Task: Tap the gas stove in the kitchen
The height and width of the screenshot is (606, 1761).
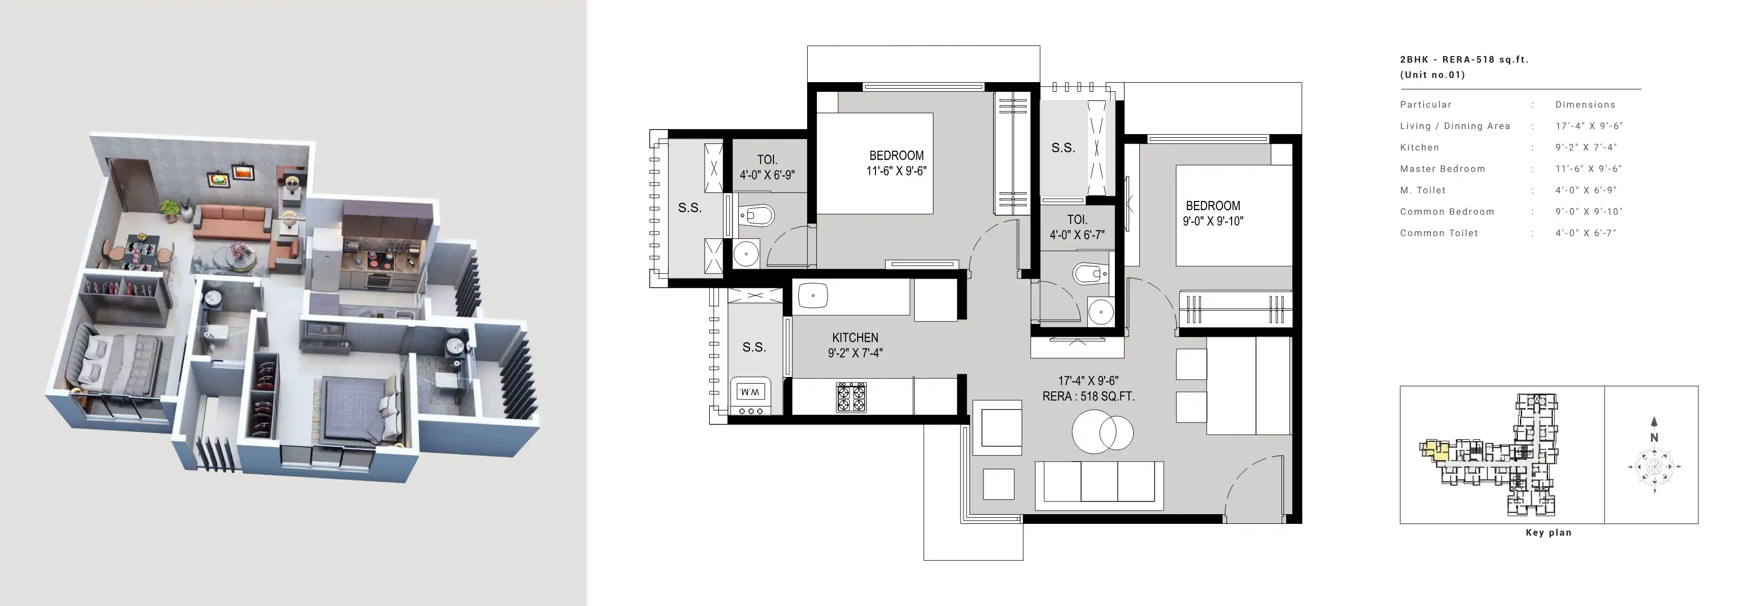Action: pyautogui.click(x=851, y=397)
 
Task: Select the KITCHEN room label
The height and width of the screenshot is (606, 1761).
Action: pyautogui.click(x=855, y=338)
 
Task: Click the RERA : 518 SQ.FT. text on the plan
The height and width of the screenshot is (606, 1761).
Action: pyautogui.click(x=1088, y=396)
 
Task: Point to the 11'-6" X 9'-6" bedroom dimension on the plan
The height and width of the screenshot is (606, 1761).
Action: pyautogui.click(x=896, y=171)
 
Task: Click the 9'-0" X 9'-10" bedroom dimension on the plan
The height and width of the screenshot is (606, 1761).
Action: pyautogui.click(x=1213, y=221)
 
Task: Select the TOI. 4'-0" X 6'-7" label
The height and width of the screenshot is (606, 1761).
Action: pyautogui.click(x=1077, y=227)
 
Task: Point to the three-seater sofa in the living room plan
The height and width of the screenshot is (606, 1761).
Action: pyautogui.click(x=1099, y=485)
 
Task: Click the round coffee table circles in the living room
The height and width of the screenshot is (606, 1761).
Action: pyautogui.click(x=1102, y=432)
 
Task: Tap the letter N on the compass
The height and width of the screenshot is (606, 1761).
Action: pyautogui.click(x=1655, y=437)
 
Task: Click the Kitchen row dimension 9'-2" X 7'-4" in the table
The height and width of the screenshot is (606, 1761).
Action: pyautogui.click(x=1586, y=147)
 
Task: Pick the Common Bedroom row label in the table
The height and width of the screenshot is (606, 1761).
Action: pyautogui.click(x=1447, y=211)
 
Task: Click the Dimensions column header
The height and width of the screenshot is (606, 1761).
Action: pyautogui.click(x=1585, y=105)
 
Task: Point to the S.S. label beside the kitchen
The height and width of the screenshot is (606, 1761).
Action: pyautogui.click(x=754, y=347)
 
